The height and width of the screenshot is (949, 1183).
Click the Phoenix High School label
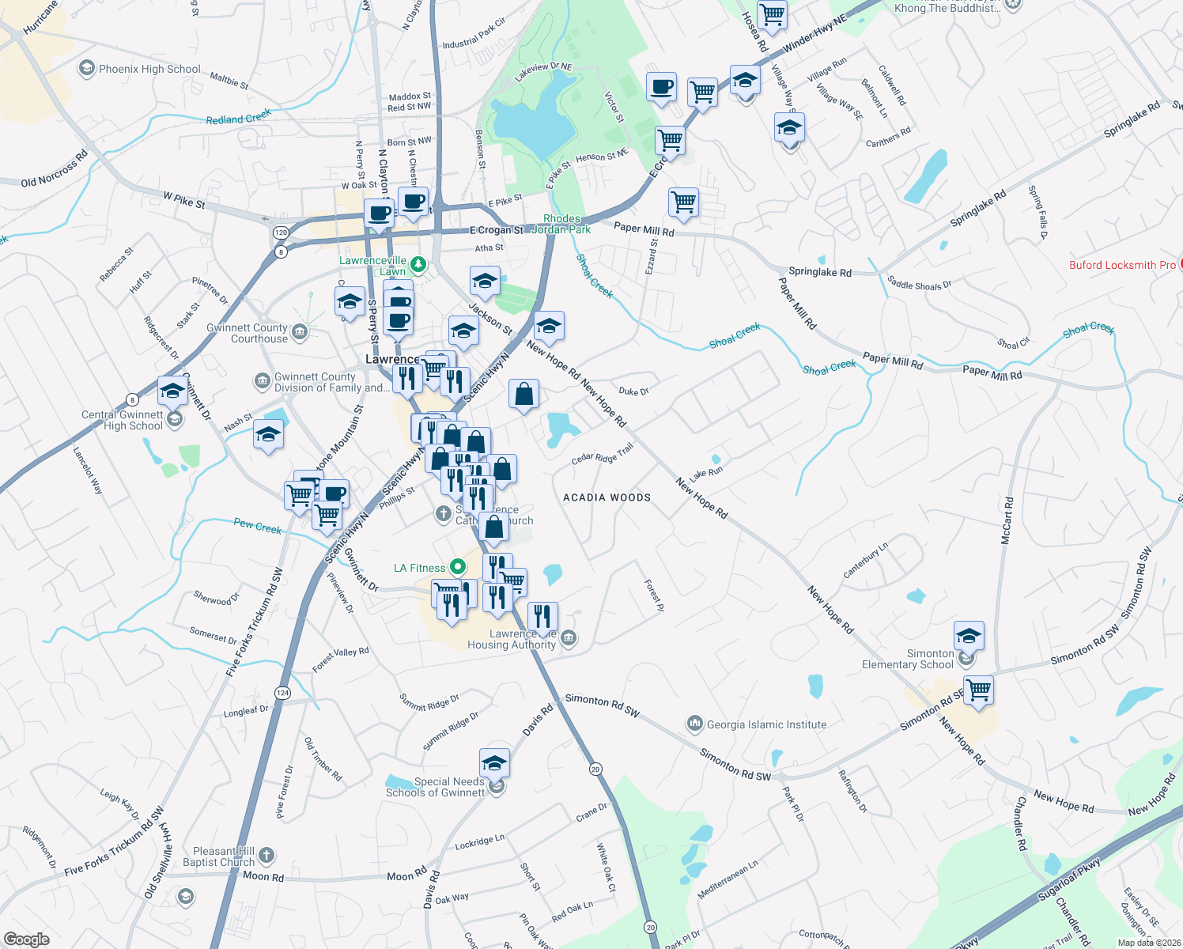pos(149,69)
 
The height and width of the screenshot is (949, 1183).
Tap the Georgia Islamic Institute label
pos(766,724)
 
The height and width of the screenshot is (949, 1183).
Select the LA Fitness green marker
pos(457,567)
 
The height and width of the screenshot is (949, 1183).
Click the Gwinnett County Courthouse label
pos(247,333)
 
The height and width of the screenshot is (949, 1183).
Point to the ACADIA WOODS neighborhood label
pos(607,497)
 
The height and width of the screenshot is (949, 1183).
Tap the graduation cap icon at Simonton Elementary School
pos(969,635)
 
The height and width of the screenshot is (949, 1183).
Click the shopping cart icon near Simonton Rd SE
pos(979,689)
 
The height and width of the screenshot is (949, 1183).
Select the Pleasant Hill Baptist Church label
pos(219,856)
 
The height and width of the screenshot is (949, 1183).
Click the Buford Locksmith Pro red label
pos(1122,265)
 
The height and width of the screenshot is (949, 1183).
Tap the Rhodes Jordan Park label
pos(561,224)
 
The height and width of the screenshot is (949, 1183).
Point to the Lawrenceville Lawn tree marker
pos(418,264)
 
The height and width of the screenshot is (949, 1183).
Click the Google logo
pos(26,939)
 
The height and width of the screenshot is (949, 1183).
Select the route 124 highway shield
pos(282,693)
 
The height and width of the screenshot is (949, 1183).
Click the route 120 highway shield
pos(281,233)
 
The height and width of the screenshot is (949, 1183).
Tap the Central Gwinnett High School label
pos(122,420)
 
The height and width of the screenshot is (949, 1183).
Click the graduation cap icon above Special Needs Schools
pos(494,763)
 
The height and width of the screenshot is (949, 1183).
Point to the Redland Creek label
pos(238,117)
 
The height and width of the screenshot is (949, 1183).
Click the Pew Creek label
pos(257,526)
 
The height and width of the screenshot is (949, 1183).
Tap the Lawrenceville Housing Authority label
pos(512,639)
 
